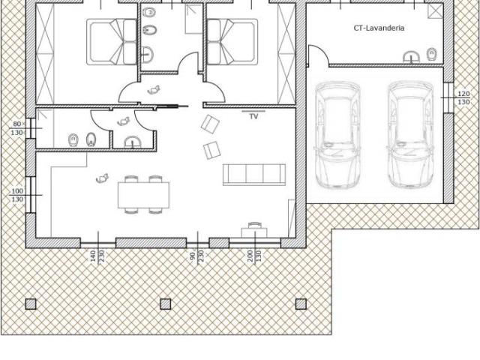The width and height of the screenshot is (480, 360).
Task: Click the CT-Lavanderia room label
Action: point(379,28)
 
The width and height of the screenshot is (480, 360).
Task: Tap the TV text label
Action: point(253,116)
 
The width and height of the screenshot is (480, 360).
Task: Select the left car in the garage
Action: point(337,135)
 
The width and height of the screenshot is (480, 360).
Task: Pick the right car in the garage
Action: point(410,135)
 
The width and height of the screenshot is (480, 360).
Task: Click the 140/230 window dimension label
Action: point(97,256)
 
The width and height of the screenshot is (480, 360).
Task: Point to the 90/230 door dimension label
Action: point(196,256)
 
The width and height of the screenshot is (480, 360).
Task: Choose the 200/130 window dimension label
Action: point(254,256)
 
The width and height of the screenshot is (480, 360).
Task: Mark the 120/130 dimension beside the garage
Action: point(463,98)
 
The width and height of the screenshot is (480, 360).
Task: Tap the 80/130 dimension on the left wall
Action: point(17,128)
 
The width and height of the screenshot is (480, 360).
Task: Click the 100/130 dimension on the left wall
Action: point(17,195)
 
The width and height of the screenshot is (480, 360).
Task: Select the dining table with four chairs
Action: point(143,195)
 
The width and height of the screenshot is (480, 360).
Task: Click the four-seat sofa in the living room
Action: point(254,175)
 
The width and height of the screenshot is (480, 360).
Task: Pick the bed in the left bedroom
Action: point(112,42)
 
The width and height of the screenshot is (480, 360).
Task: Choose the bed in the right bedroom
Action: point(232,42)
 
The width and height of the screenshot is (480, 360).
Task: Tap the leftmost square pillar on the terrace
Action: point(31,304)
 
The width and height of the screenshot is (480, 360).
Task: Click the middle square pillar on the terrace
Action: point(166,304)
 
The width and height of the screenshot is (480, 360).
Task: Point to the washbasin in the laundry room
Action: point(411,58)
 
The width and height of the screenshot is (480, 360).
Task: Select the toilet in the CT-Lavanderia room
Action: point(432,54)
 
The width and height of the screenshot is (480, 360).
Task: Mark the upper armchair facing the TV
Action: point(210,124)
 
